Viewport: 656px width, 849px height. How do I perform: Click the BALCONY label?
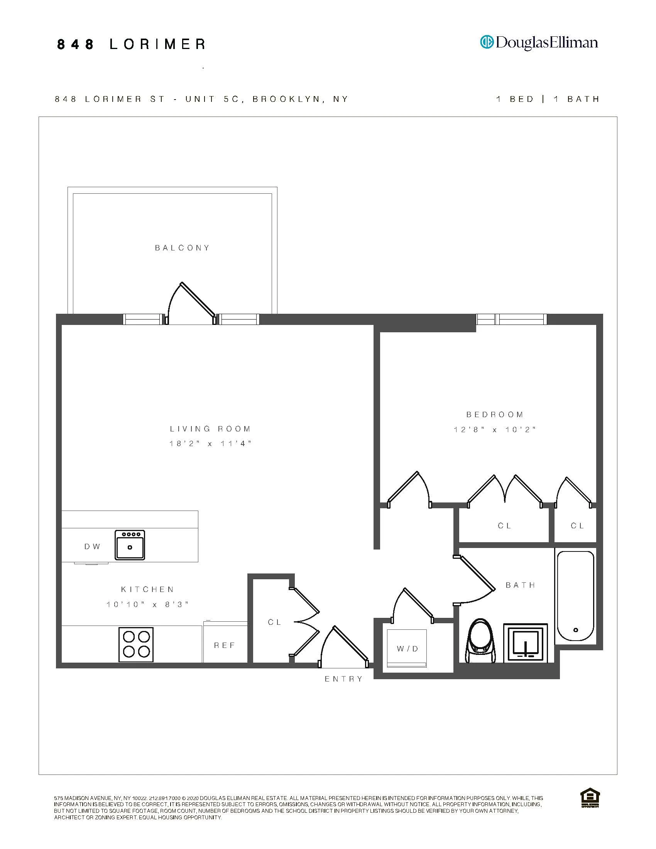(x=182, y=248)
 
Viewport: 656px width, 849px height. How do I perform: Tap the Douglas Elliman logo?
(x=539, y=42)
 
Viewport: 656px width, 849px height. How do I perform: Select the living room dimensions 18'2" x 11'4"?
(x=210, y=443)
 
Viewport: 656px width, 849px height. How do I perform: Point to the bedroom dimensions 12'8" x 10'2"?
(x=495, y=430)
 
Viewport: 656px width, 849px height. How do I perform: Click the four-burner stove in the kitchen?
(x=136, y=644)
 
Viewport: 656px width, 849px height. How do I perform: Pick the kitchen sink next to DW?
(x=130, y=545)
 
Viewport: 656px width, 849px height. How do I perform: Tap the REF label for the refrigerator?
(x=225, y=645)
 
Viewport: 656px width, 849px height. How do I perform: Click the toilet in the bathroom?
(x=481, y=641)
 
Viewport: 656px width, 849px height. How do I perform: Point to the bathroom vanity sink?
(x=526, y=643)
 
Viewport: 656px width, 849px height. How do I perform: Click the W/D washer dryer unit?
(x=407, y=648)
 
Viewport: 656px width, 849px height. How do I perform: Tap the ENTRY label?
(x=343, y=679)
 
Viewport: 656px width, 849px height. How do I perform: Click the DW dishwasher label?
(x=92, y=546)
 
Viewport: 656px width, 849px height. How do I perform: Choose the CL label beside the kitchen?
(x=274, y=622)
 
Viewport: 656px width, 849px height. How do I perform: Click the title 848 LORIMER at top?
(x=131, y=44)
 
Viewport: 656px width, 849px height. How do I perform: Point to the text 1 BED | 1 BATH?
(x=548, y=99)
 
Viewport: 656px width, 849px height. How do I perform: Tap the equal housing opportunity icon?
(x=590, y=798)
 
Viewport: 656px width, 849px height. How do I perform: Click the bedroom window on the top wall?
(x=511, y=319)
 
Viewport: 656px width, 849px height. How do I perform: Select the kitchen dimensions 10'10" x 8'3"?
(x=148, y=604)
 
